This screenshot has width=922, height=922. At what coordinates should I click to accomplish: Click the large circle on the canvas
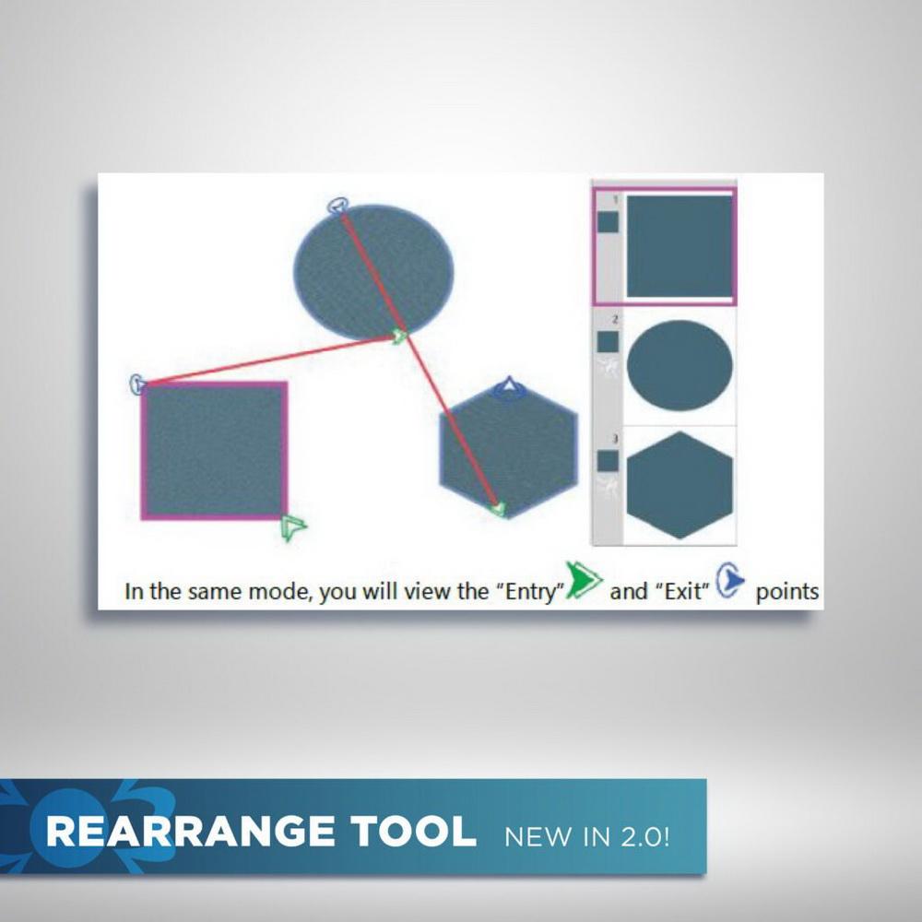point(374,272)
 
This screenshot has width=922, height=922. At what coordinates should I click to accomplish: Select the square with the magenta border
point(214,451)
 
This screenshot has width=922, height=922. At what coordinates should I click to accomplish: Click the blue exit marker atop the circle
point(338,207)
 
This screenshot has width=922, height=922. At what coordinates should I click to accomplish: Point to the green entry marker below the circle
point(400,337)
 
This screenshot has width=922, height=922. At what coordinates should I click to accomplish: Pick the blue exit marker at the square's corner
point(137,384)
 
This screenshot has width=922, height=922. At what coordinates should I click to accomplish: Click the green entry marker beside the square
point(293,526)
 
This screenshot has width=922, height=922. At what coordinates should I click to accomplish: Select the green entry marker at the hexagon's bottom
point(499,509)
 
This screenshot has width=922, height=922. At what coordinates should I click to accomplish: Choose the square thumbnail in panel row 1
point(680,246)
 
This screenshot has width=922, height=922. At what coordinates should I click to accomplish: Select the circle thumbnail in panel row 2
point(680,365)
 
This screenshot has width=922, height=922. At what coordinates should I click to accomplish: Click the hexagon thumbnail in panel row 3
point(680,485)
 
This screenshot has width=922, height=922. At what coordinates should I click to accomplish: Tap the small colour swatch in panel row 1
point(608,222)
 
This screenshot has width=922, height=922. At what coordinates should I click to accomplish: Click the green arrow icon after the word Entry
point(584,580)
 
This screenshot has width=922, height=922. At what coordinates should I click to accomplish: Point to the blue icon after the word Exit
point(730,580)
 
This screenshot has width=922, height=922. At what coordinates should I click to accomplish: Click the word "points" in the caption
point(786,592)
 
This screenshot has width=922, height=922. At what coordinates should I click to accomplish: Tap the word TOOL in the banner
point(413,832)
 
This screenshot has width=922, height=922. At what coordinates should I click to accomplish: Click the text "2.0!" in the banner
point(645,836)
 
